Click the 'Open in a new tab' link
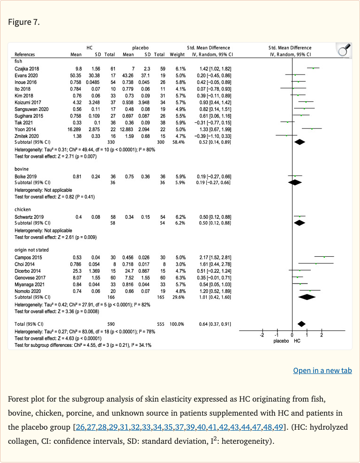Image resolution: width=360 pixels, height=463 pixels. pos(322,370)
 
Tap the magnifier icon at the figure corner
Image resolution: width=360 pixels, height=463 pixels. pos(344,50)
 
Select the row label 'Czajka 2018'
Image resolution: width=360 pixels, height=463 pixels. pos(27,68)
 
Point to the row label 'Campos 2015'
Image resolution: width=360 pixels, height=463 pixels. pos(28,257)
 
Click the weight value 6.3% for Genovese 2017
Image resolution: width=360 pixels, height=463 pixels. pos(180,277)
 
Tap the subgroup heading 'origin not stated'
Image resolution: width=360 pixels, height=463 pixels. pos(31,250)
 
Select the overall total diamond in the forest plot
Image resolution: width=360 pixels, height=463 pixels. pos(301,324)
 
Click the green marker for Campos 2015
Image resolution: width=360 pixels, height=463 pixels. pos(324,257)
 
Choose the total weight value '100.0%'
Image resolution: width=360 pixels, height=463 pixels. pos(178,324)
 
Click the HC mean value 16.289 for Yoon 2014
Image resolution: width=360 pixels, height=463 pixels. pos(75,129)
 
